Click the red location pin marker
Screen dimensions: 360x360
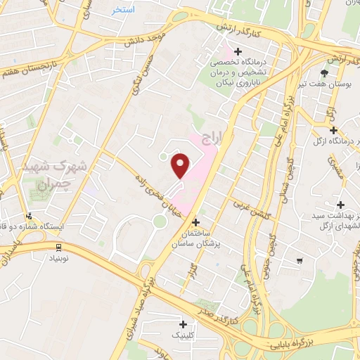pos(181,166)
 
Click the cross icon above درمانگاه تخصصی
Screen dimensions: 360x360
pos(238,51)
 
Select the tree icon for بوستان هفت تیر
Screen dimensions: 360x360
pos(324,72)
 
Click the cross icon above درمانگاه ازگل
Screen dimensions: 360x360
pos(333,130)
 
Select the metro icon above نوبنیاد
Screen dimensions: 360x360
pos(58,246)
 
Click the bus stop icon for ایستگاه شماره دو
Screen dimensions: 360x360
pos(29,217)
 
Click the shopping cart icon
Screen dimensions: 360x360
pos(300,261)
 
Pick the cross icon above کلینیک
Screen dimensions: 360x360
pos(184,324)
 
